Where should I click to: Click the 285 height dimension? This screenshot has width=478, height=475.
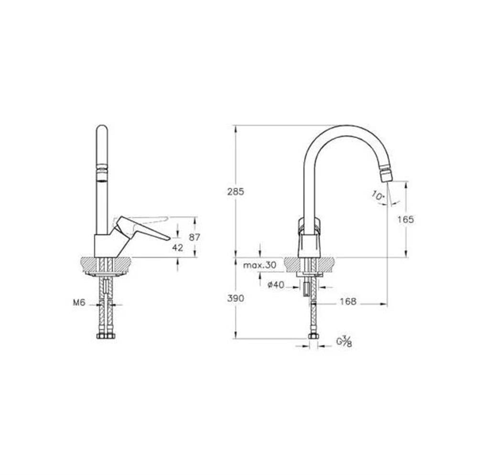coord(236,192)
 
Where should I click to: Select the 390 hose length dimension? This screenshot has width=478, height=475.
coord(236,298)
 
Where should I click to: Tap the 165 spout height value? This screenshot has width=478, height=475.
coord(406,219)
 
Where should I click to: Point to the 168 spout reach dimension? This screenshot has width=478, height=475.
coord(348,302)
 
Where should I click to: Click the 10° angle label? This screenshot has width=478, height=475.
coord(378,195)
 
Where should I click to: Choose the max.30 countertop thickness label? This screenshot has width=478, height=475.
coord(260,265)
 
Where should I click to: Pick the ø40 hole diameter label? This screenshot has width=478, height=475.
coord(276,285)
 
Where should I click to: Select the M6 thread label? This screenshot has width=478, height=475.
coord(79,302)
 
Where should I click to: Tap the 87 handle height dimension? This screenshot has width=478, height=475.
coord(194,237)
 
